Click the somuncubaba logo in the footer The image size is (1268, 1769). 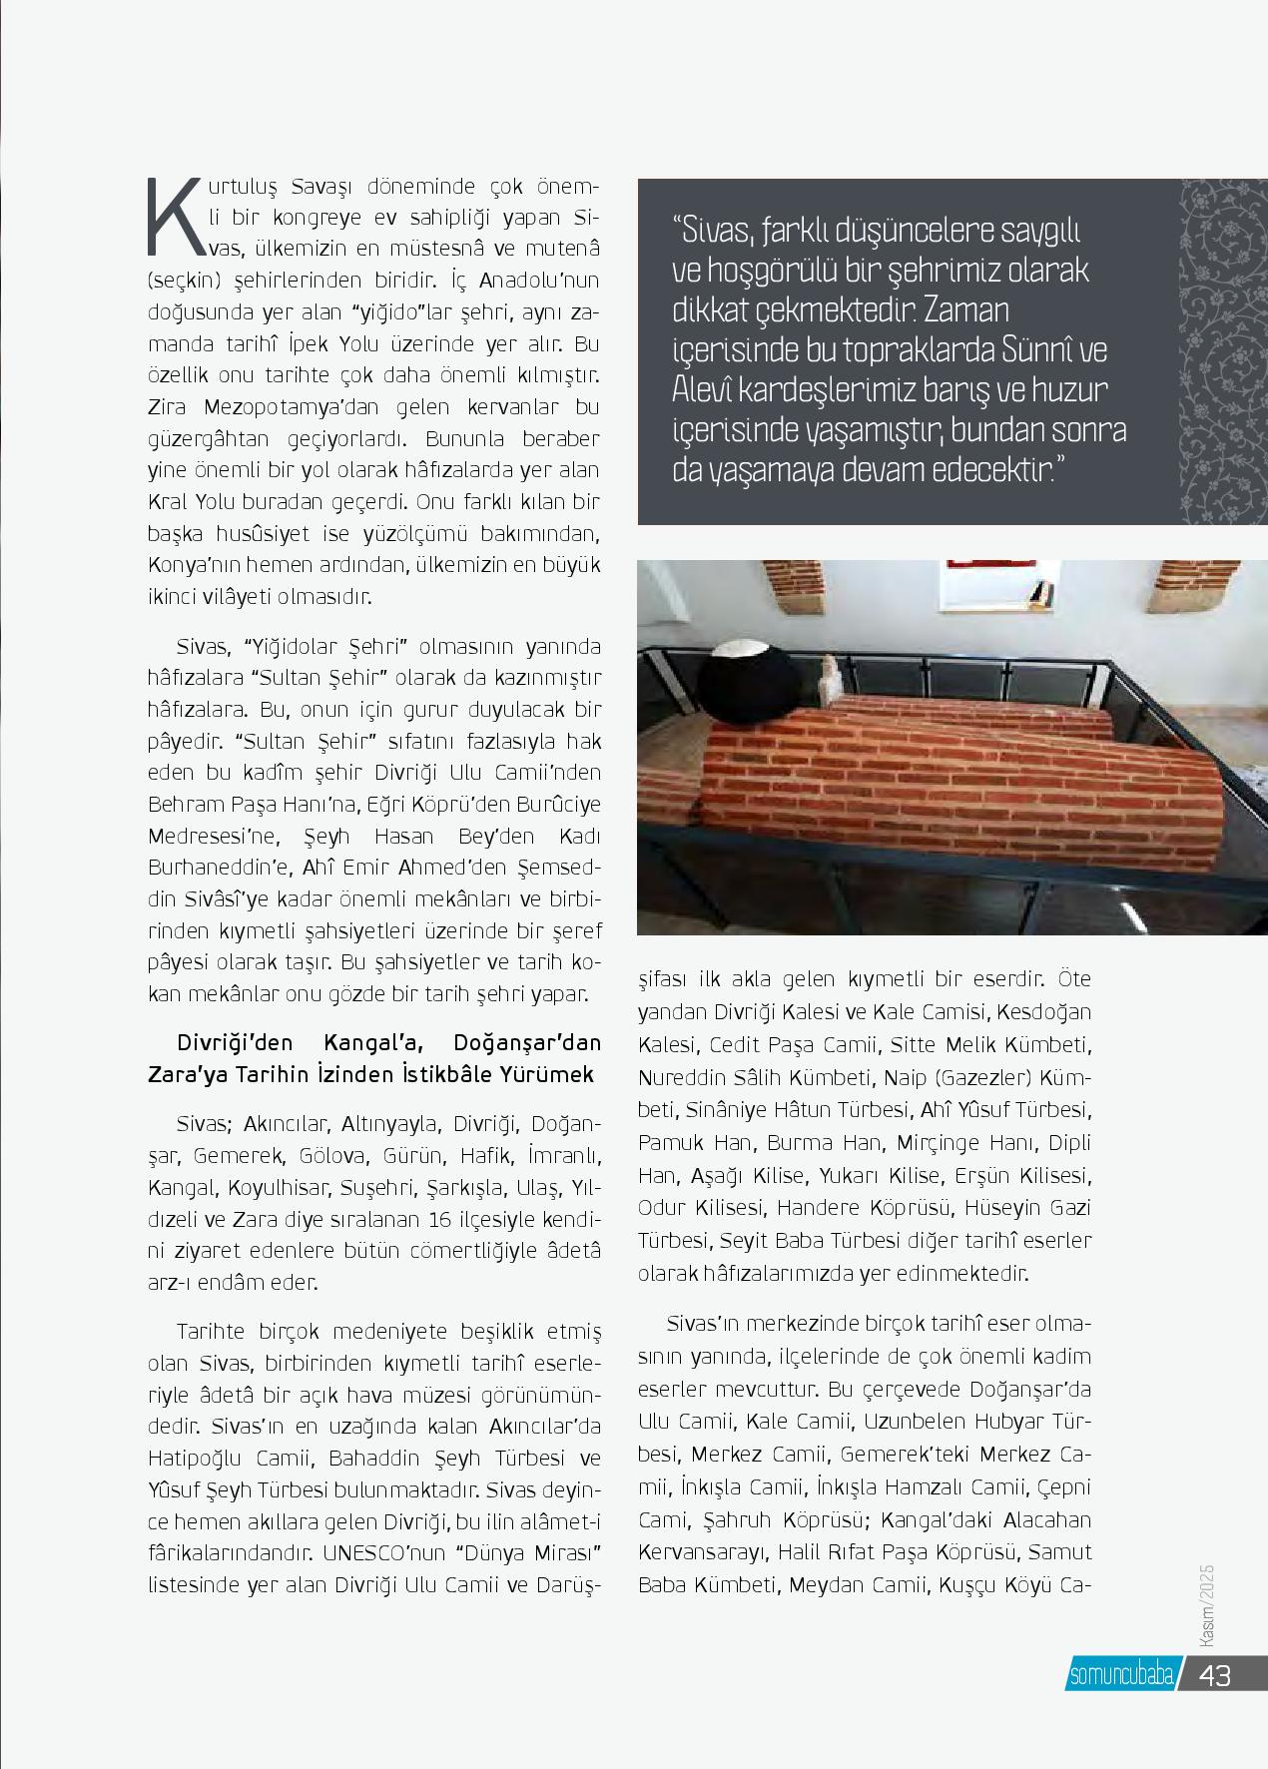(1121, 1676)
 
